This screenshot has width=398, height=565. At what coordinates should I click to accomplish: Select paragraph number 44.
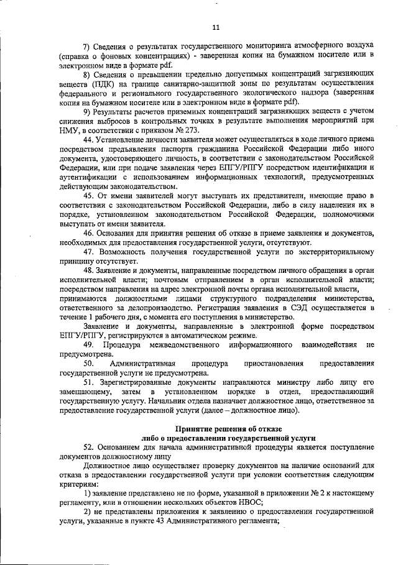(x=88, y=140)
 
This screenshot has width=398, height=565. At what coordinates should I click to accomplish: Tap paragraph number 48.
(x=88, y=271)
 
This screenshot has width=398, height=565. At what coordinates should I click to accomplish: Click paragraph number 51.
(x=88, y=383)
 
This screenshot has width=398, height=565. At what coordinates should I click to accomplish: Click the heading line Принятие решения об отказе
(x=228, y=429)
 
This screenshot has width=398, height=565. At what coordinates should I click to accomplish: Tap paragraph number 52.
(x=88, y=448)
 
